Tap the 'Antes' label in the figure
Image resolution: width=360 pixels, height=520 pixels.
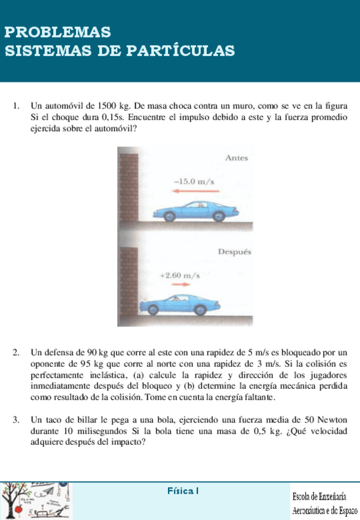coord(236,158)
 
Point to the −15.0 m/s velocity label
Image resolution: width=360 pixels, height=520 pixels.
coord(193,182)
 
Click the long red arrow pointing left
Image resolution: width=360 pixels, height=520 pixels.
coord(191,191)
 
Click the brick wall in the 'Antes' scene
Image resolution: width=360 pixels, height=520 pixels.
coord(128,184)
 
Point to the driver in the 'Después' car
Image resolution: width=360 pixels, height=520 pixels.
coord(178,299)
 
